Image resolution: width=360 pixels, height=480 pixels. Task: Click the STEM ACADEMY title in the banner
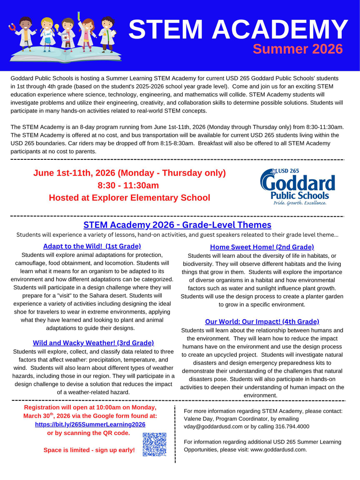pos(238,29)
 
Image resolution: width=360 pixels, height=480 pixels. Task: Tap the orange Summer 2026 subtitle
pos(298,49)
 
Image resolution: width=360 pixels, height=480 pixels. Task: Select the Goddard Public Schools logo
pos(298,187)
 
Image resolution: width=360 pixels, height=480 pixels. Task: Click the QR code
pos(154,444)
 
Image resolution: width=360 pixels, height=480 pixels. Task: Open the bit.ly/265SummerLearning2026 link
pos(90,424)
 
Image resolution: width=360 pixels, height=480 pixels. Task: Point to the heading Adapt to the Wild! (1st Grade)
pos(92,246)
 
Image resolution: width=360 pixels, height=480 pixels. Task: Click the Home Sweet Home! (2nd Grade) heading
pos(262,247)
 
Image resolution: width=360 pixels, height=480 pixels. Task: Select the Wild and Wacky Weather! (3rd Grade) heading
pos(93,343)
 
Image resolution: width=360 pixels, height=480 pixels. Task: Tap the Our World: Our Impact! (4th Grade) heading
pos(262,322)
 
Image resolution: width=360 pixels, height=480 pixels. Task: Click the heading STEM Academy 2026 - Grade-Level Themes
pos(177,225)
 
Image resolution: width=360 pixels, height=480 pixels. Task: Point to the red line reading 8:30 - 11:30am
pos(128,185)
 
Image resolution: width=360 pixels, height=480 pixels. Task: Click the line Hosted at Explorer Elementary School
pos(129,198)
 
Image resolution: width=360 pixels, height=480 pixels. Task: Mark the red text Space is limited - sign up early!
pos(89,450)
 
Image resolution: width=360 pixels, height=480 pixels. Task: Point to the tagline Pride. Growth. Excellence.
pos(300,203)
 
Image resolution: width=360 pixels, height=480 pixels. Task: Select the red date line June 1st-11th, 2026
pos(129,173)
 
